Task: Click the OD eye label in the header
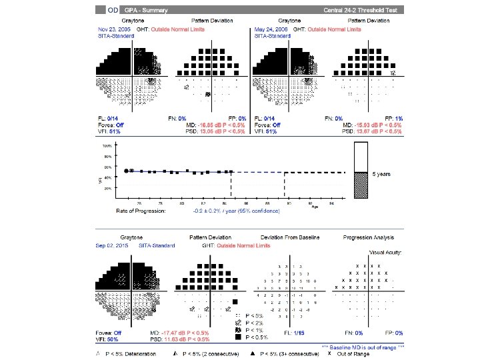point(113,10)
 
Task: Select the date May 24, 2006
point(270,29)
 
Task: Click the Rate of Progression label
point(141,210)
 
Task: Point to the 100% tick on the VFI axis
point(107,145)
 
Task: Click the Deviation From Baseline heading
point(290,237)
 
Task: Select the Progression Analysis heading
point(369,237)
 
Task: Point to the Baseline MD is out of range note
point(363,347)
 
